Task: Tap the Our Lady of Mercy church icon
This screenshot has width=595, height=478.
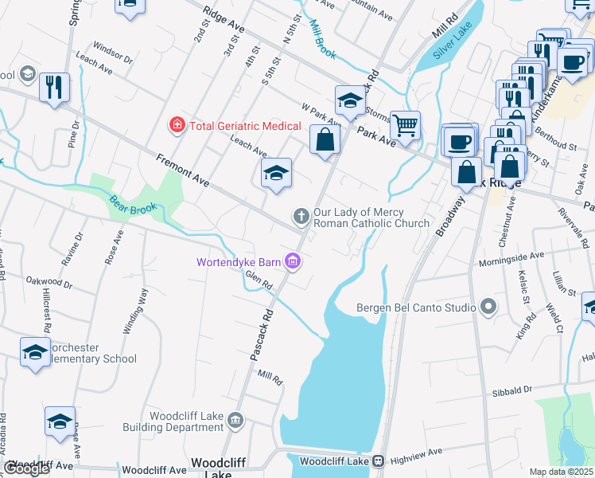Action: [x=301, y=216]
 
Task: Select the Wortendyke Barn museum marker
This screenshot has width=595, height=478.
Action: [x=293, y=261]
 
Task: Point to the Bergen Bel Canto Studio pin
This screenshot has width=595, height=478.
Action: [x=488, y=307]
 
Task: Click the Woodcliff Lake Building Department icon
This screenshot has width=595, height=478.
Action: [x=235, y=420]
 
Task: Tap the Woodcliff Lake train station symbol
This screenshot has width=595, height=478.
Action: [x=379, y=461]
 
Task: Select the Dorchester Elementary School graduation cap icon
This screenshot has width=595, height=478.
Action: [x=35, y=351]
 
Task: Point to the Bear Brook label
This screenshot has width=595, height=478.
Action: [x=131, y=209]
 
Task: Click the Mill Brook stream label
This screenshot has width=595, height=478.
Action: [x=323, y=40]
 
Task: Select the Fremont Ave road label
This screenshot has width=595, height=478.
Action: [x=182, y=170]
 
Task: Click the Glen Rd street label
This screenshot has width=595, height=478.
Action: [x=259, y=279]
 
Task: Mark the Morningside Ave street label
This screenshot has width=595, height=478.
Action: [x=511, y=257]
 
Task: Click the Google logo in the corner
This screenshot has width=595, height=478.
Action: [x=27, y=468]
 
